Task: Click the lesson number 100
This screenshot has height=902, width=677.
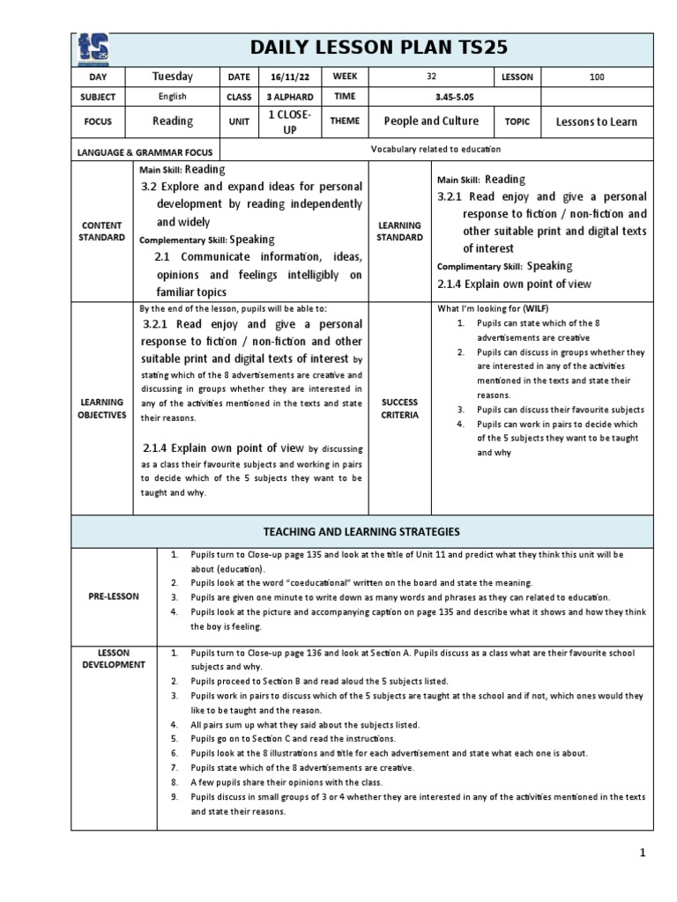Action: coord(597,78)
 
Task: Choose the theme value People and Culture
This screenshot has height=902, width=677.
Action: coord(431,122)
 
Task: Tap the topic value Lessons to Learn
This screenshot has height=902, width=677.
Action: coord(596,122)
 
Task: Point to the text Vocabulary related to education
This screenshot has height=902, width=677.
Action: coord(435,150)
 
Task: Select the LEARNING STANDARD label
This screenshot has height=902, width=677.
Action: coord(398,231)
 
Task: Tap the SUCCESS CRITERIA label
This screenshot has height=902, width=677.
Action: coord(398,408)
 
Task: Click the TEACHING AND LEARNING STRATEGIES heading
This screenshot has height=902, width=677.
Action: coord(362,531)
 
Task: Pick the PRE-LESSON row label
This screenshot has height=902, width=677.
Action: coord(114,596)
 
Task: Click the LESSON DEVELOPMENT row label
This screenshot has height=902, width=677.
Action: coord(114,659)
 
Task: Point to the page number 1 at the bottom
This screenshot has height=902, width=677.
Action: coord(643,853)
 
